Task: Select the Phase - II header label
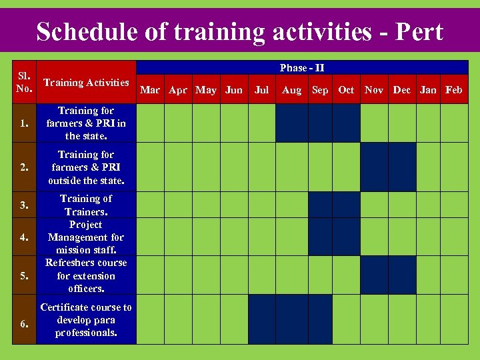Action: (x=302, y=68)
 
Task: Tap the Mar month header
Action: (x=150, y=90)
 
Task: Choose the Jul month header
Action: (x=262, y=90)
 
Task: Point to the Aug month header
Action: (x=291, y=90)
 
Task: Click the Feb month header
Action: (x=454, y=90)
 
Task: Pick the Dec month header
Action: (x=402, y=90)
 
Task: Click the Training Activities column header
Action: (x=86, y=83)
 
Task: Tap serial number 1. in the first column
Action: (x=24, y=123)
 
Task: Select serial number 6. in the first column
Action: (x=24, y=324)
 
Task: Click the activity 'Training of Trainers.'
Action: (x=86, y=205)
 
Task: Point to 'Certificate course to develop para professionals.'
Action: (x=86, y=319)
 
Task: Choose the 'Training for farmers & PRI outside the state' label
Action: (x=86, y=167)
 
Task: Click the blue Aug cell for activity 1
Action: (x=291, y=123)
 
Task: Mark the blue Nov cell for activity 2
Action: (x=374, y=167)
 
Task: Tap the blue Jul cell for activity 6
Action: (x=262, y=319)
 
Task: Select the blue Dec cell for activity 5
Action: (x=402, y=275)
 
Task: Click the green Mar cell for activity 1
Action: (x=150, y=123)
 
